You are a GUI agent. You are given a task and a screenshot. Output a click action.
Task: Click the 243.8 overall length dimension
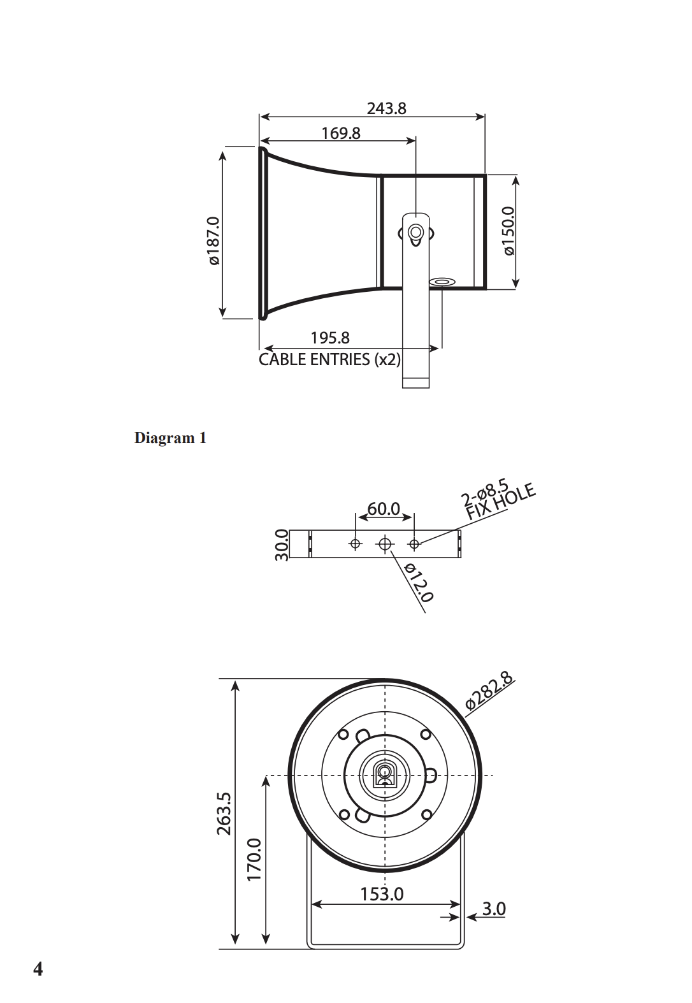386,108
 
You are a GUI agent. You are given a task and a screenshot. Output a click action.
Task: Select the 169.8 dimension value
341,133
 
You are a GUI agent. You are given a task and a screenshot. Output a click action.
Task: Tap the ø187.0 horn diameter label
214,240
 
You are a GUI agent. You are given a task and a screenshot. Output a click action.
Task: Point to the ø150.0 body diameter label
509,231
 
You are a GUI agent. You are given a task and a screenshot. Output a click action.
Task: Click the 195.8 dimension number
330,338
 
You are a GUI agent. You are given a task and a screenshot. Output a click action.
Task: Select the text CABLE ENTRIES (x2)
329,359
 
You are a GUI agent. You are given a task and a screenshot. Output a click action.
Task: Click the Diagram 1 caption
170,438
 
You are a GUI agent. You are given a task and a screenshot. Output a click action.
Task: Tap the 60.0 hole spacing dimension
384,509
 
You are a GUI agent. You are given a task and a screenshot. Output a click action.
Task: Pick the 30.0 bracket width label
282,544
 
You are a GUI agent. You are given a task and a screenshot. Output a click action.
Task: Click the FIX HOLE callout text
501,502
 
